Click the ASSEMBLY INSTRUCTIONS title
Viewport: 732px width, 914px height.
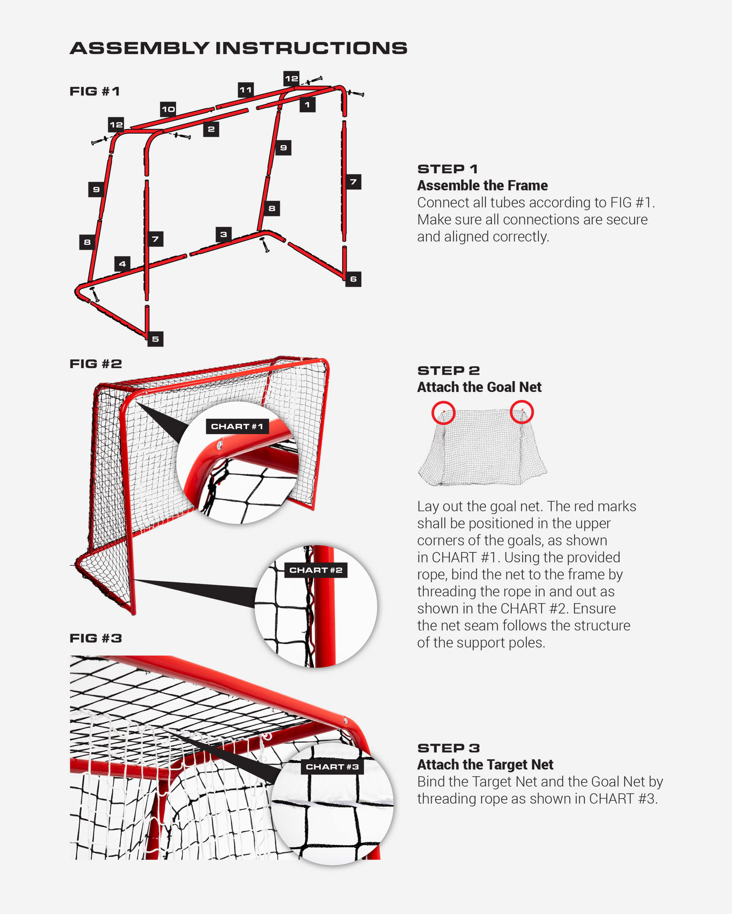239,48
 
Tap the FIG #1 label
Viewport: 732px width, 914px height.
95,91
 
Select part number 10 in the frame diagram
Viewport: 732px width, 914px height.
168,109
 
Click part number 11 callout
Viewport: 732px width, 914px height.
246,90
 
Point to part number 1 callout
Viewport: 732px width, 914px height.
307,105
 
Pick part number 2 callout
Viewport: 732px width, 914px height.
211,129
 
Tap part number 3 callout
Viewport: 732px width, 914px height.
224,234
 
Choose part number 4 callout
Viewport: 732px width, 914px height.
122,264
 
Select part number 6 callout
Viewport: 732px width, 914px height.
353,279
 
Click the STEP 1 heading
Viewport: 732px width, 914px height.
448,169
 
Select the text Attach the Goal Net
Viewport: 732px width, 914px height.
479,387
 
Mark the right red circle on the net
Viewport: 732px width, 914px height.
522,412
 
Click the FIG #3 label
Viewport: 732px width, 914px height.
96,638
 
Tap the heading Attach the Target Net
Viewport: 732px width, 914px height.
485,764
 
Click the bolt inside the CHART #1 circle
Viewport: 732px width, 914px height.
219,445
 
